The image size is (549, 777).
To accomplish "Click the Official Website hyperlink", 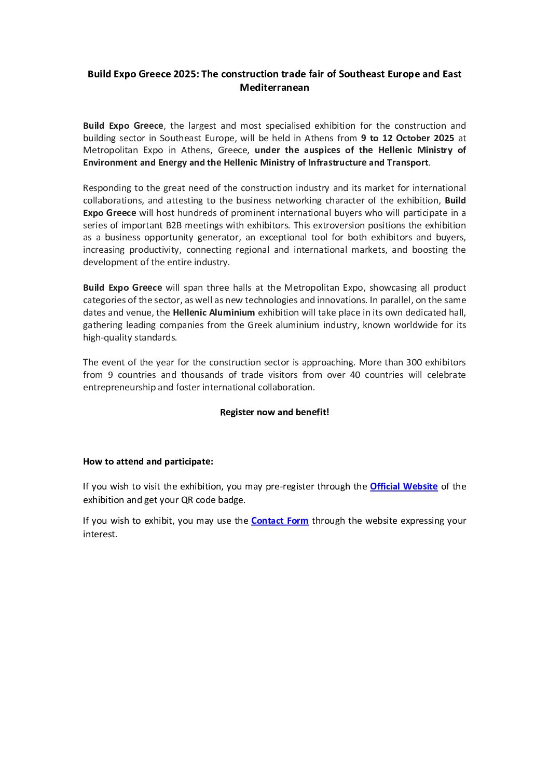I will tap(403, 486).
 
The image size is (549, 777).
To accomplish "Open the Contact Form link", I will tap(280, 521).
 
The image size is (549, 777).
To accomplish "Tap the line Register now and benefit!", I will tap(274, 412).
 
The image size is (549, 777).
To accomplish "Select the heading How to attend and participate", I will tap(148, 461).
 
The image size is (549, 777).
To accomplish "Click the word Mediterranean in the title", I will tap(274, 87).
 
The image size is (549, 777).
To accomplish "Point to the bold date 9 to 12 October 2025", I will tap(407, 138).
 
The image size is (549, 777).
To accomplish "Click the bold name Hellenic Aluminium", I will tap(214, 312).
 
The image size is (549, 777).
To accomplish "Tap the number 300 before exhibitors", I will tap(414, 362).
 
